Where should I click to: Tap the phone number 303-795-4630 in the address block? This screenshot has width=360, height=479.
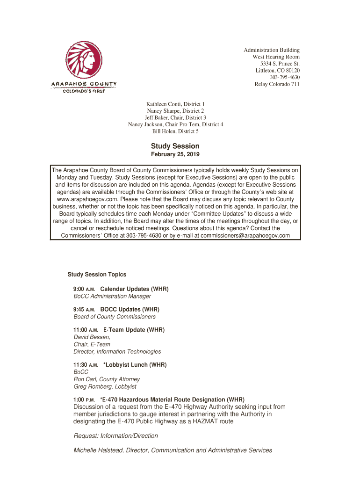pyautogui.click(x=285, y=77)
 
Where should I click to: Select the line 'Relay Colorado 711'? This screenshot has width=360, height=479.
pyautogui.click(x=277, y=84)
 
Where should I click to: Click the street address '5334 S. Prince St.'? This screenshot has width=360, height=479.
pyautogui.click(x=280, y=64)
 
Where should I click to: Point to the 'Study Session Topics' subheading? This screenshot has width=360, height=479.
pyautogui.click(x=97, y=275)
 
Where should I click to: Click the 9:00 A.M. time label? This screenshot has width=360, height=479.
pyautogui.click(x=84, y=289)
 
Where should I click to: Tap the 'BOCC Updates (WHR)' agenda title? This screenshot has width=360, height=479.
pyautogui.click(x=130, y=310)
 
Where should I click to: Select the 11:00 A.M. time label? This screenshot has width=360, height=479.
pyautogui.click(x=86, y=330)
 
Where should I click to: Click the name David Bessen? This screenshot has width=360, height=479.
pyautogui.click(x=92, y=337)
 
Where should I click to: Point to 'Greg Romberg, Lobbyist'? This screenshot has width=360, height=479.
pyautogui.click(x=105, y=387)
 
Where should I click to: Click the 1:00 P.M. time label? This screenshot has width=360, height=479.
pyautogui.click(x=84, y=400)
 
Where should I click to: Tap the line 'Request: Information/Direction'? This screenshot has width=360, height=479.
pyautogui.click(x=116, y=436)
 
